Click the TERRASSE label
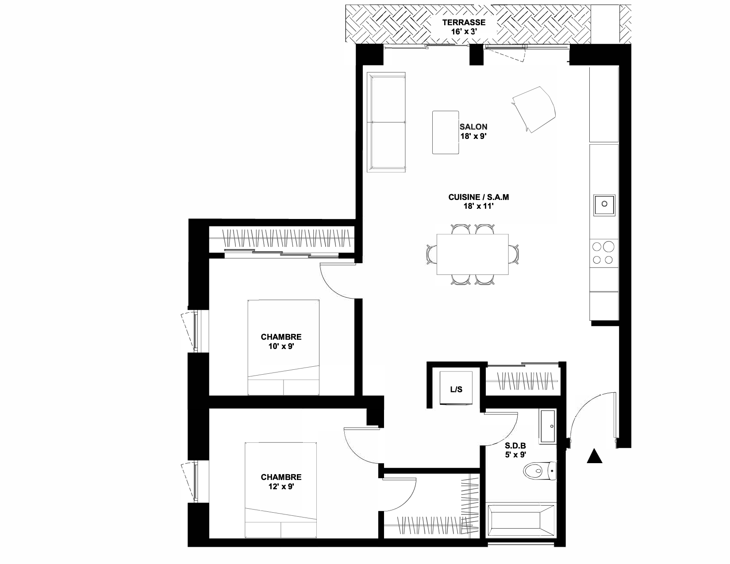pyautogui.click(x=464, y=23)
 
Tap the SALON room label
pyautogui.click(x=473, y=127)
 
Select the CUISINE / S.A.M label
pyautogui.click(x=478, y=197)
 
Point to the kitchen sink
pyautogui.click(x=604, y=205)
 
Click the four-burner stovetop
pyautogui.click(x=603, y=253)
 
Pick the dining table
pyautogui.click(x=473, y=254)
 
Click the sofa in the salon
pyautogui.click(x=386, y=122)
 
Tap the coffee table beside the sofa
pyautogui.click(x=446, y=132)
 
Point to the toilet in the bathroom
pyautogui.click(x=539, y=471)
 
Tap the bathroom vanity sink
pyautogui.click(x=548, y=426)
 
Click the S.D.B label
pyautogui.click(x=515, y=446)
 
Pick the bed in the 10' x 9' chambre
pyautogui.click(x=283, y=347)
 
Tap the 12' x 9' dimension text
pyautogui.click(x=281, y=487)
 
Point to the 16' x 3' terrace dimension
pyautogui.click(x=464, y=31)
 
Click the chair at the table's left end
pyautogui.click(x=431, y=254)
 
